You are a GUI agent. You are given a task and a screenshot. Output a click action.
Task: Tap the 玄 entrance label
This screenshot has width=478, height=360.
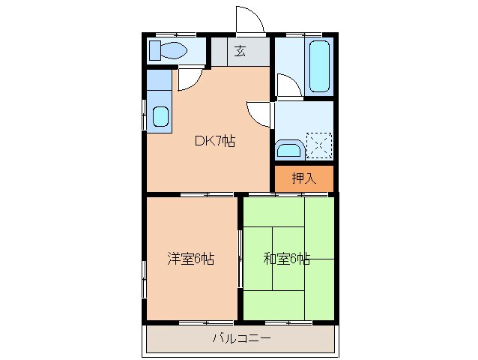click(240, 51)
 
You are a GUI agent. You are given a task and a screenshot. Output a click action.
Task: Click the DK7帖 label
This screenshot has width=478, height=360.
click(215, 141)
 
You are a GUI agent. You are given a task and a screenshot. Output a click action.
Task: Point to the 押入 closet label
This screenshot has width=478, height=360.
click(303, 178)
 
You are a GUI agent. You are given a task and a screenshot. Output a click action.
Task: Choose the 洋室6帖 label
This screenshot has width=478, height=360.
click(190, 259)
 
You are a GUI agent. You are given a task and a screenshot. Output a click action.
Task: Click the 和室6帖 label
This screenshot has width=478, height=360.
click(286, 259)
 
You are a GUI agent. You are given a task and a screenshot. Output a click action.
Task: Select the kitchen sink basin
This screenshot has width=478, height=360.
click(160, 116)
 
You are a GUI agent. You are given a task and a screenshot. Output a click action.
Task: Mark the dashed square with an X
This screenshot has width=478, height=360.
click(318, 144)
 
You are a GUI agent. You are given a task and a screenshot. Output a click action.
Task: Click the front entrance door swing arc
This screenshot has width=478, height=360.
click(249, 19)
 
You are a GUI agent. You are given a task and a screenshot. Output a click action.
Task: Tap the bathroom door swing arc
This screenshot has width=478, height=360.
click(288, 85)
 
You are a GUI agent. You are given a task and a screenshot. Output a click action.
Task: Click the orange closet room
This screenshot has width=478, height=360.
click(303, 178)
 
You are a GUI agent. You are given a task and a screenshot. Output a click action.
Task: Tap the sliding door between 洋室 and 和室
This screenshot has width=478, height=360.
click(240, 259)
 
